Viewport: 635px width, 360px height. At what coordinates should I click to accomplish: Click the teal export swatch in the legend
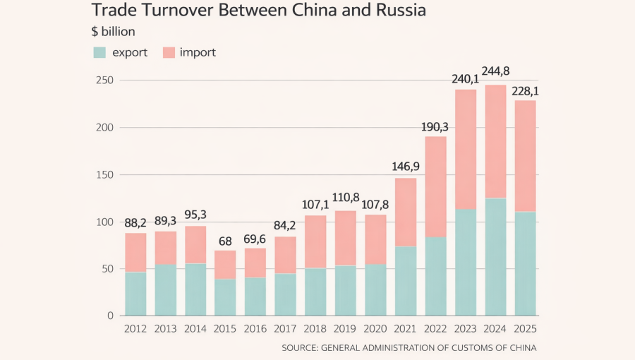pos(99,52)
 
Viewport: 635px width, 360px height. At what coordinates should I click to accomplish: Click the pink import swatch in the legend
pos(169,52)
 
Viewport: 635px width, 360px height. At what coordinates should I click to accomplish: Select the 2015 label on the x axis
pos(226,329)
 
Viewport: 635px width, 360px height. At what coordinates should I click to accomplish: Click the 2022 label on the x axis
pos(435,329)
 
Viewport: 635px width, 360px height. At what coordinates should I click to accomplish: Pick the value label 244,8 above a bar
pos(496,71)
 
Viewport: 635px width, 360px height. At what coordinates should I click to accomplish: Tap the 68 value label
pos(226,240)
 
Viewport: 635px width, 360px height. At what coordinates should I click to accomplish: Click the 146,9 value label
pos(406,167)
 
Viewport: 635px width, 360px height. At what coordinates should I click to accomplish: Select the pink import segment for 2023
pos(466,149)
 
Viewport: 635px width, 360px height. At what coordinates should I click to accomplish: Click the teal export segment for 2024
pos(495,257)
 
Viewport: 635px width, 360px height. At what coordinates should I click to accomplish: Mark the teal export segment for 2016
pos(255,296)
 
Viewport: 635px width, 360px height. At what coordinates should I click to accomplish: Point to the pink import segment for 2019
pos(346,238)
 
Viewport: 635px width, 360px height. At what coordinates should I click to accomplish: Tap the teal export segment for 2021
pos(406,281)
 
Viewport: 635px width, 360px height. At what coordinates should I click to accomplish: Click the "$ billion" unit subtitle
pos(113,32)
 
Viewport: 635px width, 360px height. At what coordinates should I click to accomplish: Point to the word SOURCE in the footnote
pos(300,347)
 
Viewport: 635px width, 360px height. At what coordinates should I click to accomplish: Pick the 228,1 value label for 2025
pos(526,92)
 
